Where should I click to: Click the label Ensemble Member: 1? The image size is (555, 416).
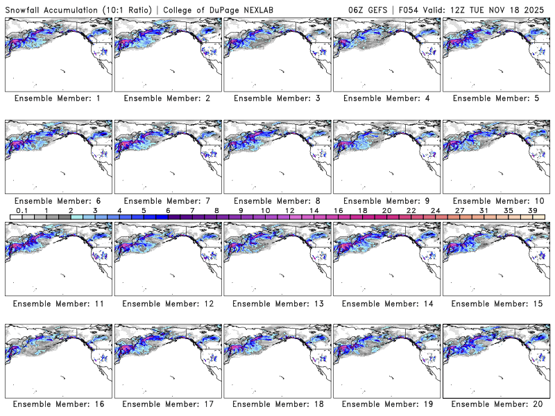pyautogui.click(x=58, y=98)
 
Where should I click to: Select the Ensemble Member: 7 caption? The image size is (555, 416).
pyautogui.click(x=167, y=200)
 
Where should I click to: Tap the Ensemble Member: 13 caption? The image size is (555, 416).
pyautogui.click(x=276, y=303)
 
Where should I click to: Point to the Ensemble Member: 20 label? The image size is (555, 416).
pyautogui.click(x=495, y=404)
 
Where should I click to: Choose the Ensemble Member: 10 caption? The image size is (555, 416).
pyautogui.click(x=495, y=200)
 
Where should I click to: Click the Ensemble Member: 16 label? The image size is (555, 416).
pyautogui.click(x=58, y=404)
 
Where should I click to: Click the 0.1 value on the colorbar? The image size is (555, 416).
pyautogui.click(x=22, y=210)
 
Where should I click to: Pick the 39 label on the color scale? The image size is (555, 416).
pyautogui.click(x=532, y=210)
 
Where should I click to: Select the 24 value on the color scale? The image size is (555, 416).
pyautogui.click(x=436, y=210)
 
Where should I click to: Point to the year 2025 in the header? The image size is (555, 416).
pyautogui.click(x=538, y=8)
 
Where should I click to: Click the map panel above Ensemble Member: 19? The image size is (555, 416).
pyautogui.click(x=386, y=361)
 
